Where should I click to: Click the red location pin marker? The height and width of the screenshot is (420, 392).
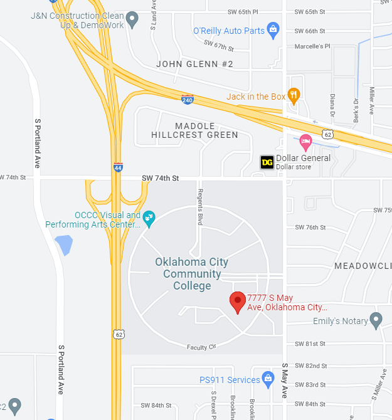237,302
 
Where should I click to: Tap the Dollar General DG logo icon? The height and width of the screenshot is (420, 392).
267,162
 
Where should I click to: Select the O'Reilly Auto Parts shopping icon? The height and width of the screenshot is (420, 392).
273,29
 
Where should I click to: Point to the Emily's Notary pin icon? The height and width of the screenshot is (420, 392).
376,320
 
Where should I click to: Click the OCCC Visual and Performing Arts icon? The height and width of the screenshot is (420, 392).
149,219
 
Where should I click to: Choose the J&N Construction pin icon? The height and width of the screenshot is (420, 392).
132,19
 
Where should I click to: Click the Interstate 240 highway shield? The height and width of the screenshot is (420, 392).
188,99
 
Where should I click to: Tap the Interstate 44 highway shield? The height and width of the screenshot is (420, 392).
118,167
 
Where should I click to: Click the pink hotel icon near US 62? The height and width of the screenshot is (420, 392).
305,141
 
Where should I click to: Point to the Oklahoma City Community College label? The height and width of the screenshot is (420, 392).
192,273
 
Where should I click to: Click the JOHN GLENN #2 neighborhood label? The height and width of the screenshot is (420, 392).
194,64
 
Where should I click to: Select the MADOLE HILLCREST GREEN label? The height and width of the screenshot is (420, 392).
194,130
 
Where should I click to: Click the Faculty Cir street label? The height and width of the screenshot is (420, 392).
201,347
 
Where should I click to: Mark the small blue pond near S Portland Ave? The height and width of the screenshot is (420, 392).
63,244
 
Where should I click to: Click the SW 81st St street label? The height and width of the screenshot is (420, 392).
310,344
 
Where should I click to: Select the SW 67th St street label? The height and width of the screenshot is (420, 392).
218,45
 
